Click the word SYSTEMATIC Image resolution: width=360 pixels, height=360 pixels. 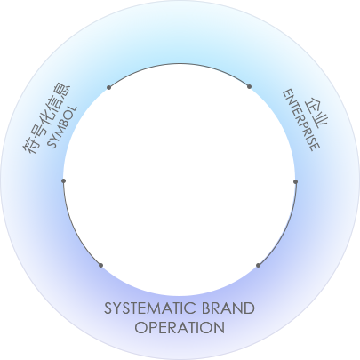click(150, 308)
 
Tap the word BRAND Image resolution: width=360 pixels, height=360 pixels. click(228, 308)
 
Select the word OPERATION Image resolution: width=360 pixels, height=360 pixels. click(180, 328)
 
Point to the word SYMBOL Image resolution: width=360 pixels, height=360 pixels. click(62, 127)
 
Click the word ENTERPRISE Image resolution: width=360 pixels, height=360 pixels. click(301, 120)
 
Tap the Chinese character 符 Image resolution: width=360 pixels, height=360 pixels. click(31, 146)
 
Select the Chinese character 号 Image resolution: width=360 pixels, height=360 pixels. click(39, 130)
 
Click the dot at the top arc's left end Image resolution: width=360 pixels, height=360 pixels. click(109, 87)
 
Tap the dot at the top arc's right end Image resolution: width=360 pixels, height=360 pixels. click(249, 86)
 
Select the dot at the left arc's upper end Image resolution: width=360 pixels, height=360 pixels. click(63, 180)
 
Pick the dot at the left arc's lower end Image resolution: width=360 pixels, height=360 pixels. click(100, 265)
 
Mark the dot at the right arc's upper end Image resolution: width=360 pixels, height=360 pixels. click(295, 181)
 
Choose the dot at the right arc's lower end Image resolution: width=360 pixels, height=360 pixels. click(258, 265)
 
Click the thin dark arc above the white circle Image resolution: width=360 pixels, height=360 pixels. click(180, 64)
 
